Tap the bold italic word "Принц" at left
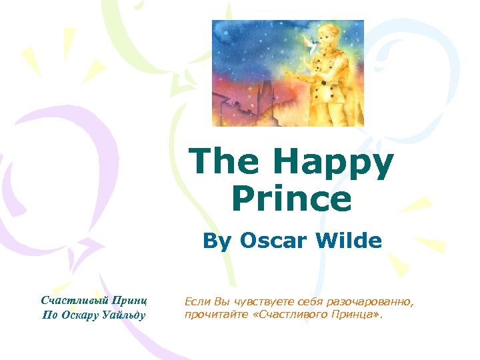130,301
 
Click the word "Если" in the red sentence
197,303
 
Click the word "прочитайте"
212,315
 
